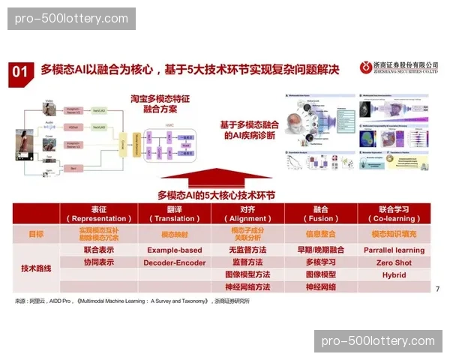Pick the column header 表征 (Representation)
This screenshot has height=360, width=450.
[99, 213]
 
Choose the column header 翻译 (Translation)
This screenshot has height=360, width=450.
[173, 213]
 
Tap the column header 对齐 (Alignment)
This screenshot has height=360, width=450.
[247, 213]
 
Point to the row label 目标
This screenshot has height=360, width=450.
[35, 233]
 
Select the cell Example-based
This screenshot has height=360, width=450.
[174, 250]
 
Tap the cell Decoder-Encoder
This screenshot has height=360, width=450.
[174, 262]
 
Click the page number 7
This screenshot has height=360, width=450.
[436, 289]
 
